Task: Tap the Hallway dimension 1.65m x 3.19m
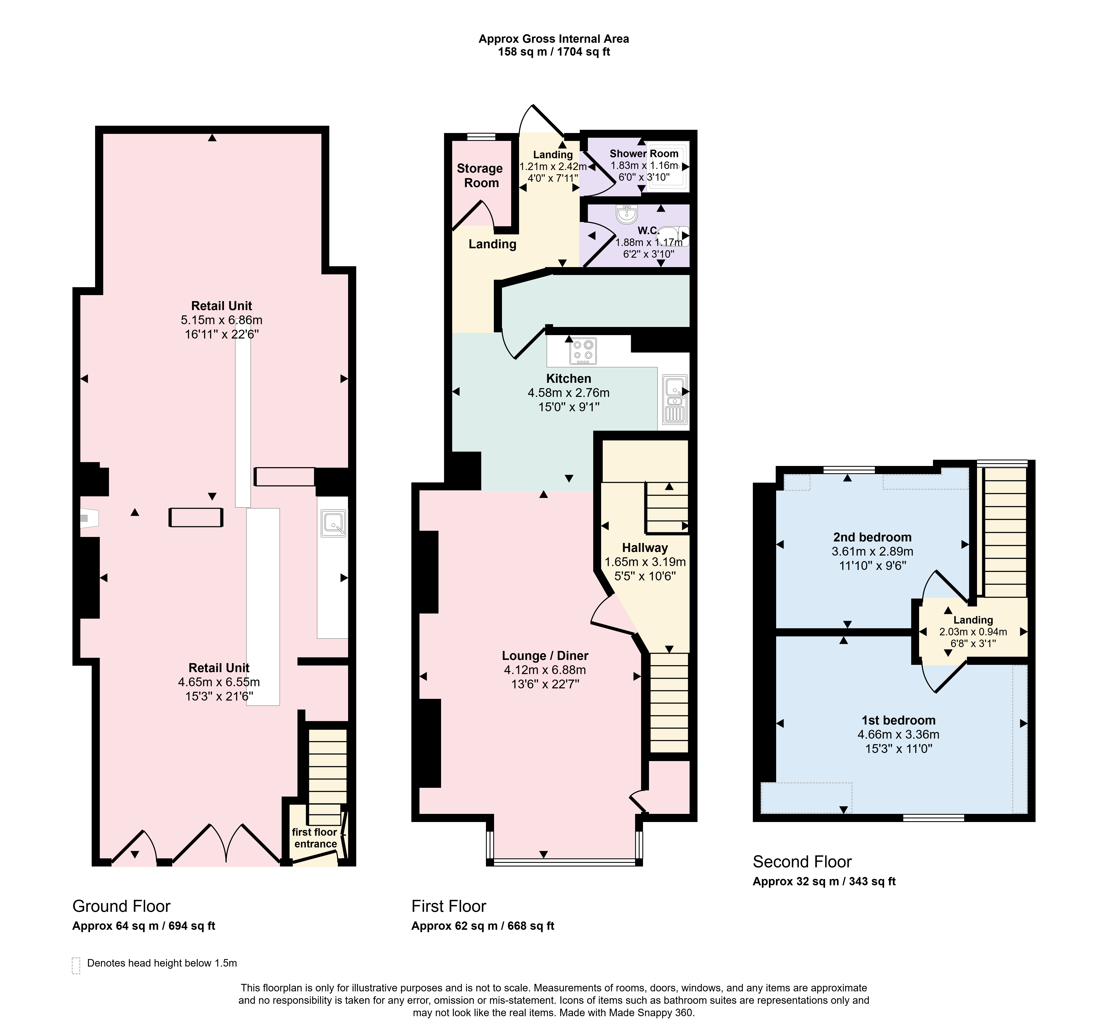click(x=645, y=562)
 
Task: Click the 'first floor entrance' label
click(x=315, y=838)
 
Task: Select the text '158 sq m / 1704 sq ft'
click(x=554, y=52)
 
